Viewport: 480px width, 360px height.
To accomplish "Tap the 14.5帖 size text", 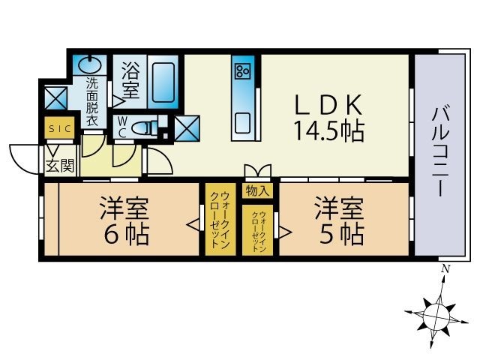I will (328, 132).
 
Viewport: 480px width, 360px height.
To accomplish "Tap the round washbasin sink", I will (91, 62).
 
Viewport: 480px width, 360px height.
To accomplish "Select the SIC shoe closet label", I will (58, 129).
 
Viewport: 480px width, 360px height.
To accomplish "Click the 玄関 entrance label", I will (60, 165).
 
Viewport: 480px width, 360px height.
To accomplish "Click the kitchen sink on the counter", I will (242, 120).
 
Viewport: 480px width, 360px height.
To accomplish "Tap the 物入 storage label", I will (257, 190).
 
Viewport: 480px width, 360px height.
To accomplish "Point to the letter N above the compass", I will (445, 269).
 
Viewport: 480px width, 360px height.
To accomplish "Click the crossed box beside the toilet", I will (187, 128).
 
